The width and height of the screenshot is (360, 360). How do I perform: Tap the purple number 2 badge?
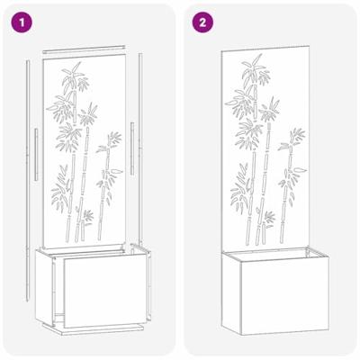[202, 22]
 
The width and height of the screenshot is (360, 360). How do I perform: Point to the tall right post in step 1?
[144, 153]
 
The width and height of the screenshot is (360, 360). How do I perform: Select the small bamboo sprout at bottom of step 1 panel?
[87, 217]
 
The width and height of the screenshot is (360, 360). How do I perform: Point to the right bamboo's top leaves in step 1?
[112, 140]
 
